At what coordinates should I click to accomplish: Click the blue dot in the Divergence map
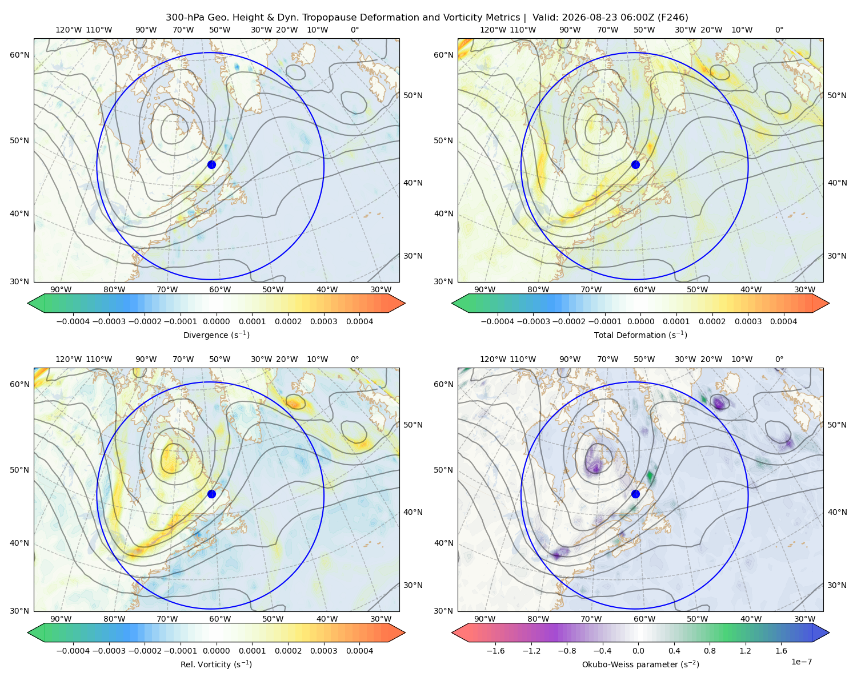211,165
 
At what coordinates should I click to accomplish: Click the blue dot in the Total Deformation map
635,165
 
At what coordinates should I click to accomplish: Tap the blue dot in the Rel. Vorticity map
211,494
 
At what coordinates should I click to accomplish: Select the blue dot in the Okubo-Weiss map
635,494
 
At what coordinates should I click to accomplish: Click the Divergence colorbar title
216,335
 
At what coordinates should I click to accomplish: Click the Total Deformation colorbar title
640,335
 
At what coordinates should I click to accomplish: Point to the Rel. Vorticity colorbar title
216,664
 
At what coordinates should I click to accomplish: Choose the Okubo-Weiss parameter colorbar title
640,664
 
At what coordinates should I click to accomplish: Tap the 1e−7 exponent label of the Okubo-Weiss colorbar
801,662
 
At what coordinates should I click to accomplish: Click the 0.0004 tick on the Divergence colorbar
359,321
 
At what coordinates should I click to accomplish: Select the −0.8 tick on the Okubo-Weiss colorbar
567,651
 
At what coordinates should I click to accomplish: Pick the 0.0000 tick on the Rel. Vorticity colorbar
216,651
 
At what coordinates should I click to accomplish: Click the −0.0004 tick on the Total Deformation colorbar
498,321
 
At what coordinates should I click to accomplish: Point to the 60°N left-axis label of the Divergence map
19,55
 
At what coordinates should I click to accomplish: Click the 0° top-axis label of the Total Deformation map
779,30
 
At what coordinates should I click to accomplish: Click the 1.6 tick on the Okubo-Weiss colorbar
782,651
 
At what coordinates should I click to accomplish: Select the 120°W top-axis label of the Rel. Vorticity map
69,359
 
